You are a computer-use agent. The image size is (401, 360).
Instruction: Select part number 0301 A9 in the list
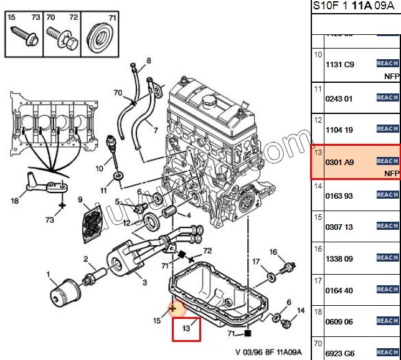click(339, 161)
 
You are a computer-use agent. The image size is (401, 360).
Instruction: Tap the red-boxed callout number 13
click(186, 328)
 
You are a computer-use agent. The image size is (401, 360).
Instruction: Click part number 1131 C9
click(339, 64)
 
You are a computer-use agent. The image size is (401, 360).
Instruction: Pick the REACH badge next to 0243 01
click(387, 97)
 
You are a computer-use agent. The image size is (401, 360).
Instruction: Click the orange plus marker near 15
click(173, 308)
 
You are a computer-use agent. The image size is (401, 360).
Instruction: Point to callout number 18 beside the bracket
click(14, 201)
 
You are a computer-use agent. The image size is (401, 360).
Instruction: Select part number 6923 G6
click(339, 353)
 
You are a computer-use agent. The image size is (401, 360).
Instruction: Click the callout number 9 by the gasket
click(80, 200)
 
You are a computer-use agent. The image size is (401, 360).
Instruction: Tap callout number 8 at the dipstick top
click(148, 61)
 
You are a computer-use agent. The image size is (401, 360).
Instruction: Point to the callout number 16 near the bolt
click(273, 252)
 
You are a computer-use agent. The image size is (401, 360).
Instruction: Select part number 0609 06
click(339, 321)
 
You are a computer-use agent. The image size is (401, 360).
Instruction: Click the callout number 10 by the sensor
click(99, 168)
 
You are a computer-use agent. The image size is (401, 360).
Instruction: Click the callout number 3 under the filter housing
click(144, 282)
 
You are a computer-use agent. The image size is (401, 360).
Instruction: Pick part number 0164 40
click(339, 290)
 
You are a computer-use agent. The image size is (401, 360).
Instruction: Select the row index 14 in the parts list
click(318, 186)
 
